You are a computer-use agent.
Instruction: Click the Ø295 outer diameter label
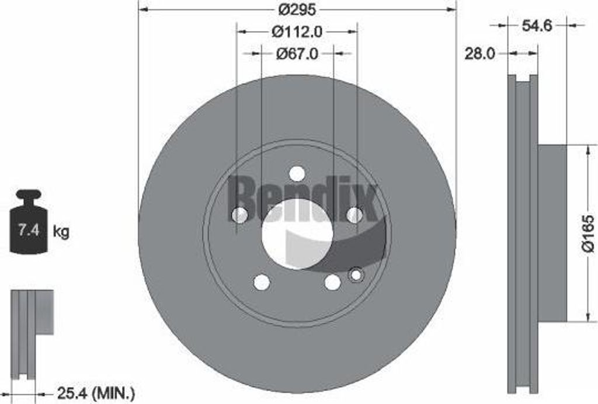297,9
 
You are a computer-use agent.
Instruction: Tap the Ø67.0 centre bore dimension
297,54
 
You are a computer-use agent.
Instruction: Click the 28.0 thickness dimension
479,54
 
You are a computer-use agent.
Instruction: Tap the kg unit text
61,232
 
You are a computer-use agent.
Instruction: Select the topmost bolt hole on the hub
297,174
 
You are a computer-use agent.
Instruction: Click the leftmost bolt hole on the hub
239,215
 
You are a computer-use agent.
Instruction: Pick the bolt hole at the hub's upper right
354,215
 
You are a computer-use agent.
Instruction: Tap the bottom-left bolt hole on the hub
262,283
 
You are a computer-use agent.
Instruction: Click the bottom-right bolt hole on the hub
332,283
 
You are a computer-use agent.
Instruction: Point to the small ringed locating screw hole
355,274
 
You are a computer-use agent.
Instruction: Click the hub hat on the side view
552,234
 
